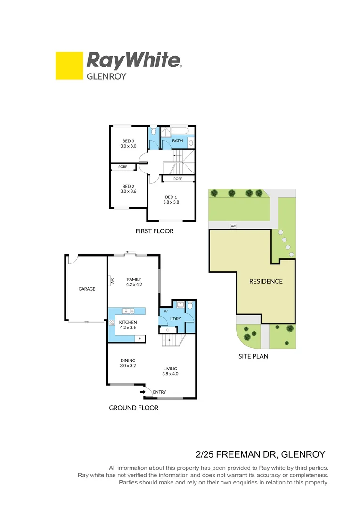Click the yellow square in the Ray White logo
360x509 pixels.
tap(69, 66)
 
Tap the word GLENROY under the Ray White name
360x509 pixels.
tap(106, 76)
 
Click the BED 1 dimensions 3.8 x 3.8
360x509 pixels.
tap(171, 202)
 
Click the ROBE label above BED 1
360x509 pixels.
tap(178, 179)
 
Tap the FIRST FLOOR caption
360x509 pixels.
tap(154, 231)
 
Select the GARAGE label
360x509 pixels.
tap(87, 289)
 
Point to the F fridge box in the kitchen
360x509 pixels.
tap(139, 338)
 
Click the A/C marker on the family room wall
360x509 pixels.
tap(112, 281)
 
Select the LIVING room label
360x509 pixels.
tap(170, 369)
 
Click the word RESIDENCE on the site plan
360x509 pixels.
tap(266, 281)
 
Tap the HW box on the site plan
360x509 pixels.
tap(233, 227)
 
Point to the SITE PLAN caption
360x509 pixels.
tap(253, 356)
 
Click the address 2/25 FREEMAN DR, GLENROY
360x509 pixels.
tap(260, 454)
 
